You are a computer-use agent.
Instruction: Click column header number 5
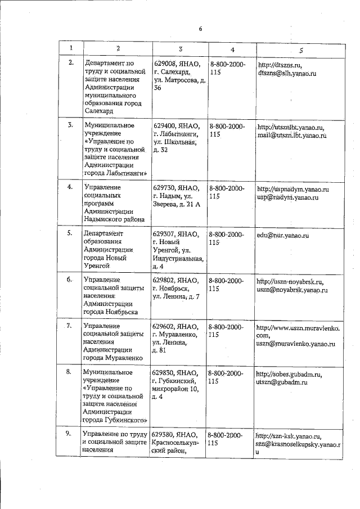click(301, 50)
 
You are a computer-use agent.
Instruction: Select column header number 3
click(180, 50)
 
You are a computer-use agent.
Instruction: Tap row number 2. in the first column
click(71, 62)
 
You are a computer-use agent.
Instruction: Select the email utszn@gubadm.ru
click(281, 382)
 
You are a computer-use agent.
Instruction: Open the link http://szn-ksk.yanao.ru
click(288, 435)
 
